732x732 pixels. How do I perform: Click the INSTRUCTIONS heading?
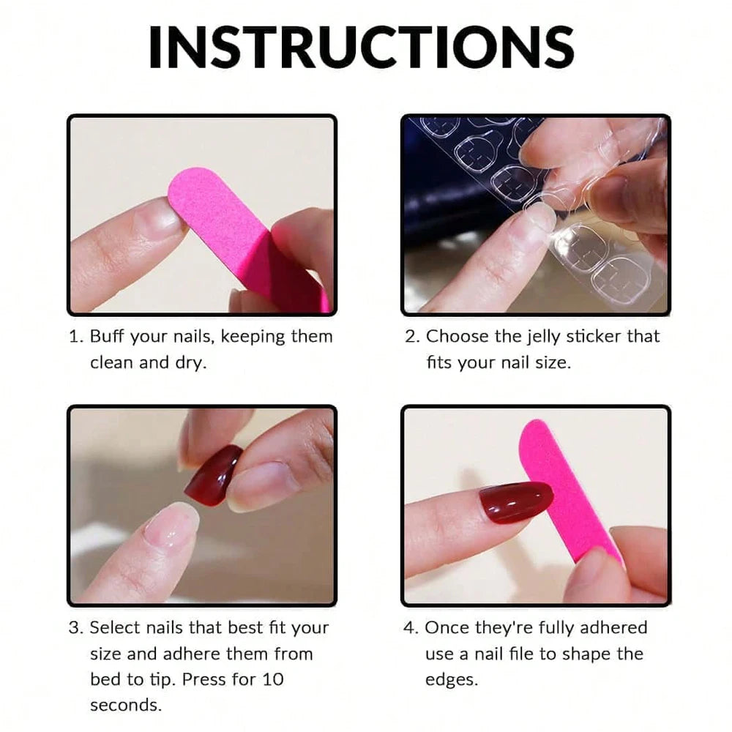(x=361, y=47)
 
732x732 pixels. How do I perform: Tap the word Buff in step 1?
(x=107, y=337)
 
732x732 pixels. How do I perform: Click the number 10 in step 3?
(x=272, y=679)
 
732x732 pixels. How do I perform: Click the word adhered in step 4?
(x=613, y=627)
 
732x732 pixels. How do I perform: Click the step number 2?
(x=411, y=337)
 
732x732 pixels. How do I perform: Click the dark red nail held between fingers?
(x=212, y=474)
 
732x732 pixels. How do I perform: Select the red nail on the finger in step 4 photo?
(x=515, y=501)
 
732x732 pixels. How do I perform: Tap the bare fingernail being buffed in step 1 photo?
(x=163, y=219)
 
